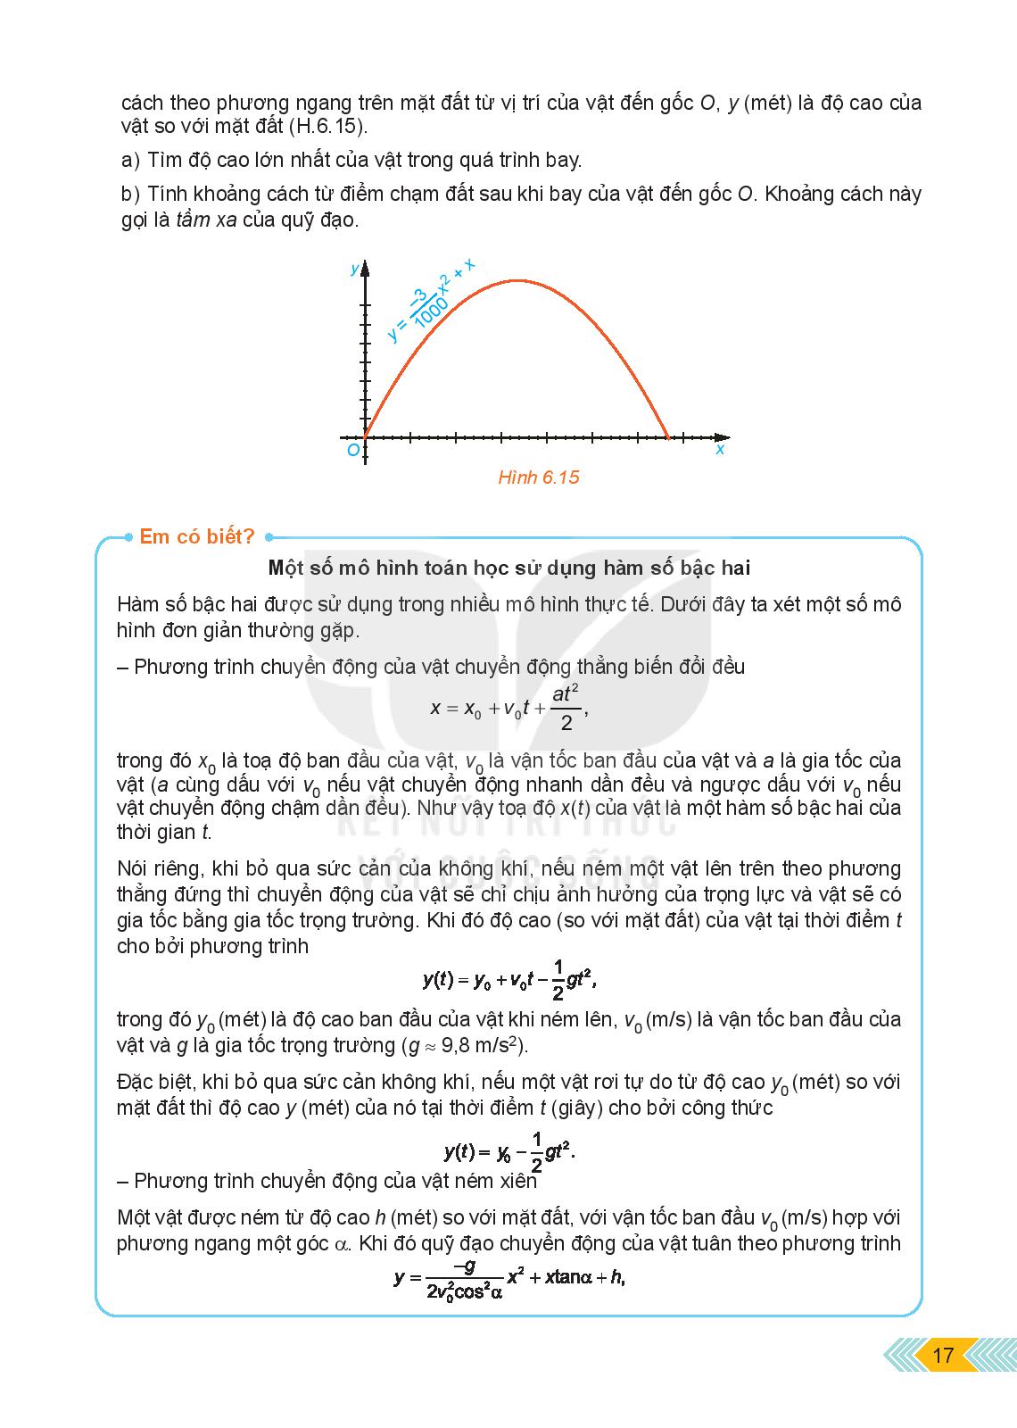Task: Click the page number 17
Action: [942, 1355]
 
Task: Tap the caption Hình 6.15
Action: [538, 477]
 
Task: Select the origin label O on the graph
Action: [353, 451]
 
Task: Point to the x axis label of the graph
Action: [720, 450]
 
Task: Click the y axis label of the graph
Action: [355, 269]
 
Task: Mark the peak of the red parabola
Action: [517, 281]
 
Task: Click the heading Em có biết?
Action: [197, 536]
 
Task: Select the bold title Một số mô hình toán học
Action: [508, 568]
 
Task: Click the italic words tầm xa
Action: [206, 220]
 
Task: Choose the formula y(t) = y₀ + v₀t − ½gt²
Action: [508, 979]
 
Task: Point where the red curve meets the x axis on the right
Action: [668, 438]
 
